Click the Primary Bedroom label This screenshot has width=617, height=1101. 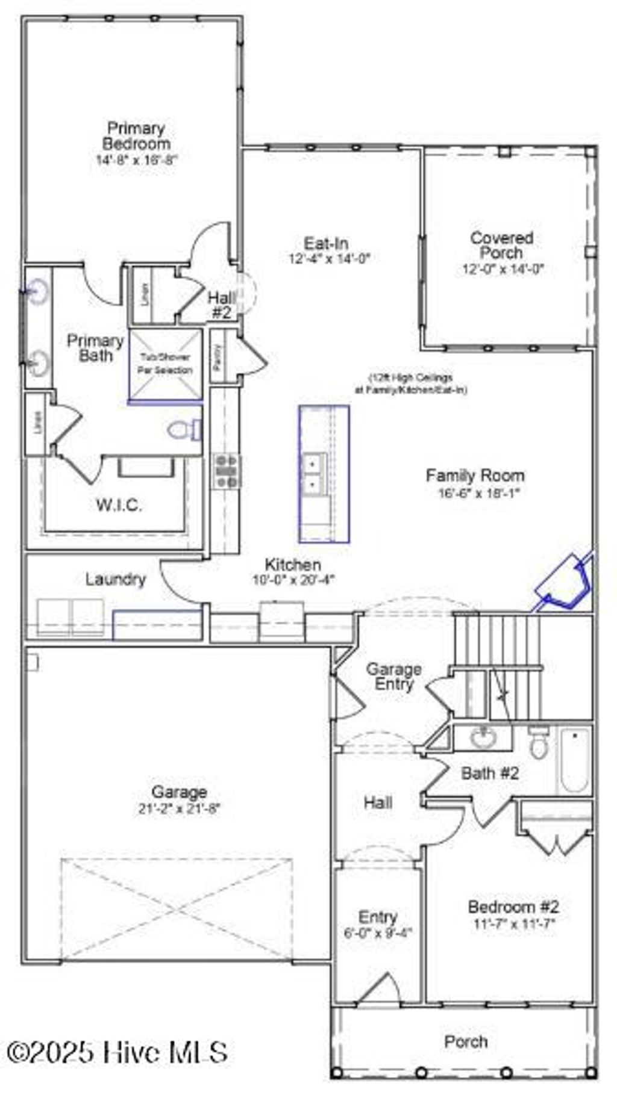136,136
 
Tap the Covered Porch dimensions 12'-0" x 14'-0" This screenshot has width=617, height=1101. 503,269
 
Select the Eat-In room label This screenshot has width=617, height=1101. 326,244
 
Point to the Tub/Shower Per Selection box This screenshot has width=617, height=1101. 166,364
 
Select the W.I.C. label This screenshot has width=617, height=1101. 119,505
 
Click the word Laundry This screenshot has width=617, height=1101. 116,579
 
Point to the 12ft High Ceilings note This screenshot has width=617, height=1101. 411,383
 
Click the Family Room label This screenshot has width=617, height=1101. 475,476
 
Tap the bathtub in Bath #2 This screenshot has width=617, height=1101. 574,761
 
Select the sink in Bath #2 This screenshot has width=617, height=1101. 483,737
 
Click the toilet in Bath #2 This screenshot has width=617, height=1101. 539,744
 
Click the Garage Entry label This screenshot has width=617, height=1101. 394,677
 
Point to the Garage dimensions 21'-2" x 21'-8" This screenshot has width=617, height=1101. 180,808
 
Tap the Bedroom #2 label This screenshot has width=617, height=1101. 513,907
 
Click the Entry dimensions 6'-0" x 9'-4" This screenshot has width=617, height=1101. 378,933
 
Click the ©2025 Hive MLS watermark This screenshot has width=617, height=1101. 117,1052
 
